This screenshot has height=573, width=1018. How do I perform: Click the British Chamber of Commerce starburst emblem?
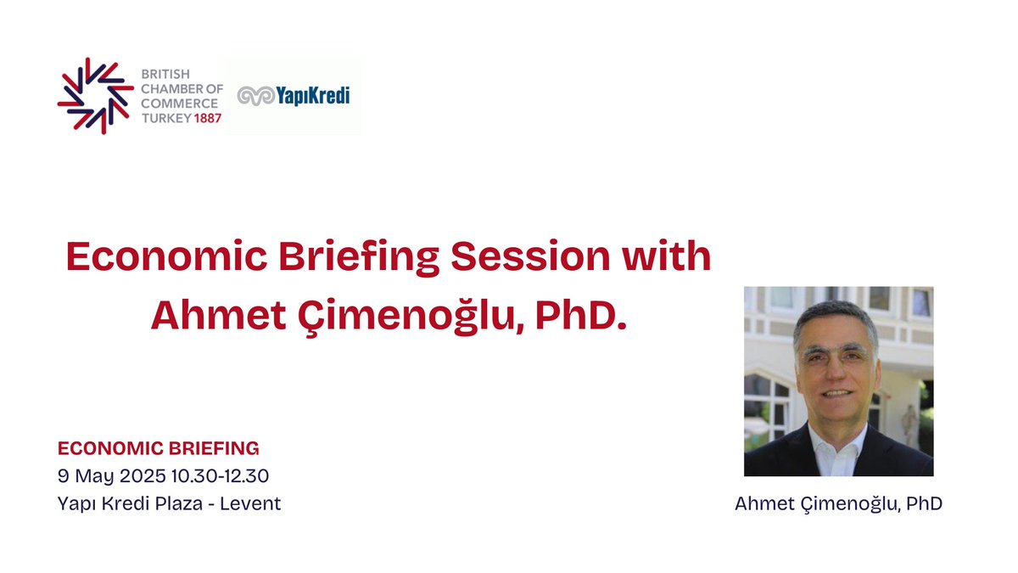(x=95, y=95)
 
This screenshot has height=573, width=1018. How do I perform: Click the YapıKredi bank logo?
(x=293, y=95)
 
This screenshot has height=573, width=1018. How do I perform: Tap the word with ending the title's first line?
(x=669, y=257)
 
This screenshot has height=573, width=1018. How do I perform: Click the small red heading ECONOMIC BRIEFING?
(x=158, y=447)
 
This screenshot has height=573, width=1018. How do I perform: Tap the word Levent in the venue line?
(x=250, y=503)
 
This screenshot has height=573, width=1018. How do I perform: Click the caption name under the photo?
(x=838, y=503)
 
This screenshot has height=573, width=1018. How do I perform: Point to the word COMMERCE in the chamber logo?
(x=179, y=104)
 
